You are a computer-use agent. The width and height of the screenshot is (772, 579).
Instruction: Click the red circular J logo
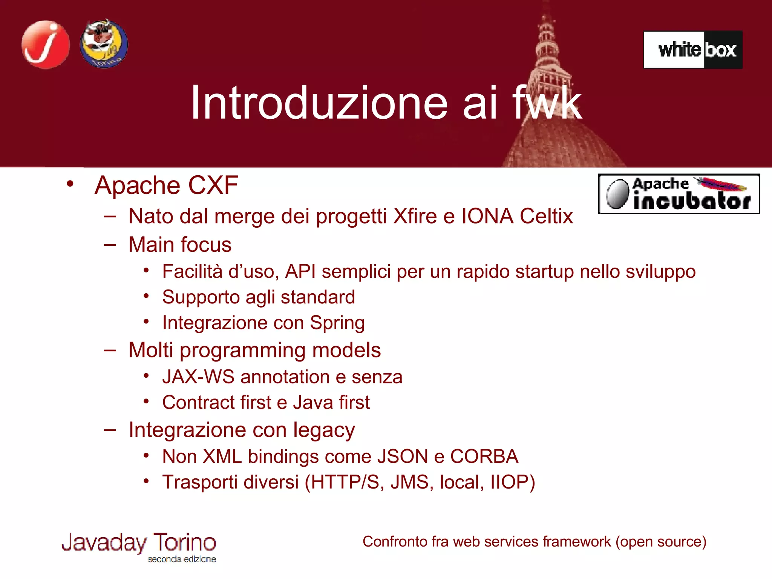tap(46, 45)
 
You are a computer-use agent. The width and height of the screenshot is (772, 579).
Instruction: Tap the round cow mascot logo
tap(104, 44)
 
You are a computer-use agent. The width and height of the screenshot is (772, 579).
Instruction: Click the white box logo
tap(693, 50)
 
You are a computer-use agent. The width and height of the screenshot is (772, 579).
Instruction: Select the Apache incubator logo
tap(679, 194)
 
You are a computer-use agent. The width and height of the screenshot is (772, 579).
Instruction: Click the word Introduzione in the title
tap(319, 103)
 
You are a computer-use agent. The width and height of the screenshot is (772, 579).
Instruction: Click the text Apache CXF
tap(166, 185)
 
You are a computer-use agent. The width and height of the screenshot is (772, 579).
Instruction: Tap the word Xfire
tap(415, 216)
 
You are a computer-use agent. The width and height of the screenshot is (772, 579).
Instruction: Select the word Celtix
tap(546, 216)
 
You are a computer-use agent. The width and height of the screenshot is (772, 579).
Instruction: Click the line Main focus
tap(180, 245)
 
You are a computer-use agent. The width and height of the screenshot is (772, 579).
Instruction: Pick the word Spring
tap(337, 323)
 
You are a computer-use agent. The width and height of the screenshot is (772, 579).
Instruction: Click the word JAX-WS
tap(198, 377)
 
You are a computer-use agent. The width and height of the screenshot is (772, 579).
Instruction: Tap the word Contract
tap(198, 403)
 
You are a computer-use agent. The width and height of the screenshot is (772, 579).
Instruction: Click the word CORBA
tap(484, 456)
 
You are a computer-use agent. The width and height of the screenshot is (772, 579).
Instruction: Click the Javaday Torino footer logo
tap(139, 546)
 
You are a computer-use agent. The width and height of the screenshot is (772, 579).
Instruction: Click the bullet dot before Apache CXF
tap(70, 184)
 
